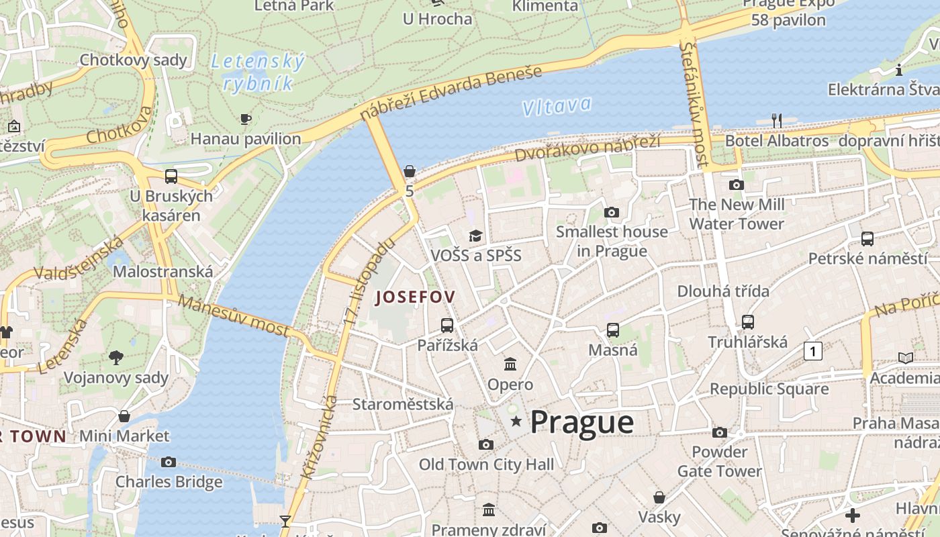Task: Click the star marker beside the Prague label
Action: click(516, 422)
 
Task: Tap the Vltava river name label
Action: click(557, 106)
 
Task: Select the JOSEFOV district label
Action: click(415, 297)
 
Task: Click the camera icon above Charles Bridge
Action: click(169, 462)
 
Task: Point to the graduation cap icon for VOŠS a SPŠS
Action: click(476, 236)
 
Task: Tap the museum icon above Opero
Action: click(510, 364)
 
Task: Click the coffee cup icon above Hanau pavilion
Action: click(246, 119)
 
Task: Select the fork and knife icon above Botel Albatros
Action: click(777, 121)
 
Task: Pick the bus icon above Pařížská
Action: click(447, 326)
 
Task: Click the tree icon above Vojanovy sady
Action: click(116, 358)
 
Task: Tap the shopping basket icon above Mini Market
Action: click(124, 416)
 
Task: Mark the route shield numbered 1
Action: click(813, 350)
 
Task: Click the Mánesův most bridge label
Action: click(234, 315)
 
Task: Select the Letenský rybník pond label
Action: click(258, 72)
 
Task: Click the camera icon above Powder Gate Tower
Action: click(720, 432)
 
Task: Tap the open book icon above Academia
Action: click(906, 358)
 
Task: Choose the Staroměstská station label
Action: click(403, 404)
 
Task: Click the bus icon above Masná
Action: click(613, 330)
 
